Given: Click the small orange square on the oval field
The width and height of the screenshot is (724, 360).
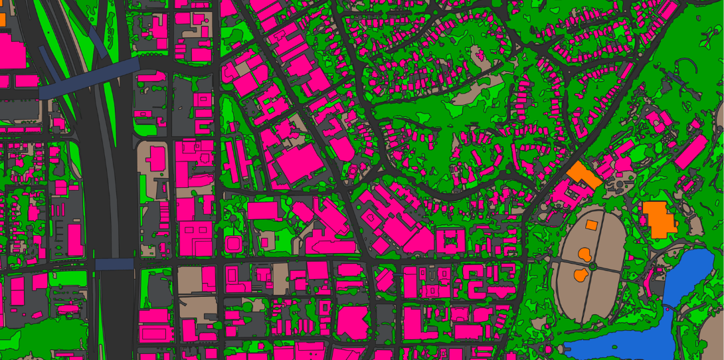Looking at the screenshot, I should (x=591, y=225).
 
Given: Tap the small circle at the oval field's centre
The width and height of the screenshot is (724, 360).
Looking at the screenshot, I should (x=593, y=265).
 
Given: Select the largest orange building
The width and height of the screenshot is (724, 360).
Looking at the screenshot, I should (x=658, y=219).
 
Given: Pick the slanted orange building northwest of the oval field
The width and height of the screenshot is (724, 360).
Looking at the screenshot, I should (x=585, y=174).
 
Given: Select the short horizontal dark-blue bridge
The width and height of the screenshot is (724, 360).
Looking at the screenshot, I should (x=114, y=264).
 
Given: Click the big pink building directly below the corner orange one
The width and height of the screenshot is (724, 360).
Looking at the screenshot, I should (x=12, y=50).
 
